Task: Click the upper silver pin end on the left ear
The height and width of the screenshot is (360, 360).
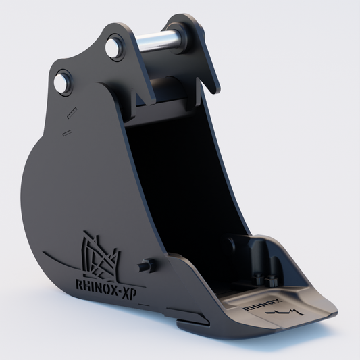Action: click(113, 47)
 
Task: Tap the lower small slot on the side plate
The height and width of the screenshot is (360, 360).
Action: click(66, 134)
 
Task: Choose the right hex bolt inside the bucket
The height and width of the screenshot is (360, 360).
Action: click(271, 280)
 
